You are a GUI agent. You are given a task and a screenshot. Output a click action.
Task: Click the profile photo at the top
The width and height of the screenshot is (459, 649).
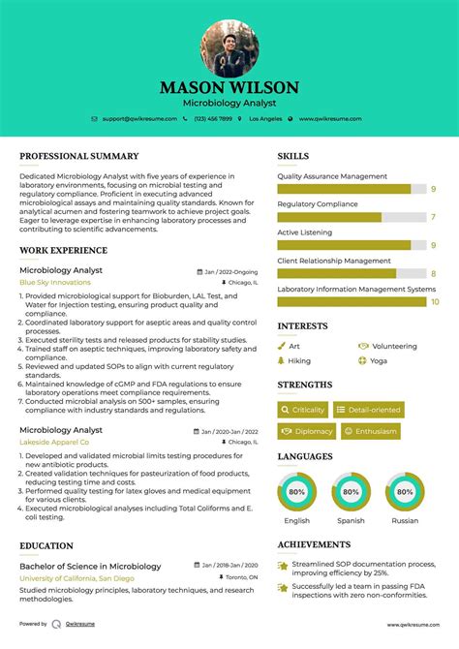(229, 48)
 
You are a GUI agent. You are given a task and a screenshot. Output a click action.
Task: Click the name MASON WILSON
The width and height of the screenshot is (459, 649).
(229, 87)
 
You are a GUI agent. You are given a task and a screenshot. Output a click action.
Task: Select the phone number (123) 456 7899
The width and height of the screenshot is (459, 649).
(212, 118)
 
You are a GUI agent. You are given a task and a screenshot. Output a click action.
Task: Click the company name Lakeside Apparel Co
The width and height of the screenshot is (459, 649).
(53, 442)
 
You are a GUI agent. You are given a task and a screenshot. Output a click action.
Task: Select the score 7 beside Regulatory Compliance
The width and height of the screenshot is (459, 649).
(433, 217)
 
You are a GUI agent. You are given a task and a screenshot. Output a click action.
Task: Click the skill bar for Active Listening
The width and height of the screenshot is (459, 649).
(351, 245)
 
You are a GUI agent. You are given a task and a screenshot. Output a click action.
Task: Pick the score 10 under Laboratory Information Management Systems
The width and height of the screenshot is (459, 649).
(435, 301)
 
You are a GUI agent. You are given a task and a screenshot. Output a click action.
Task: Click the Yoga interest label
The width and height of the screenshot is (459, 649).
(378, 360)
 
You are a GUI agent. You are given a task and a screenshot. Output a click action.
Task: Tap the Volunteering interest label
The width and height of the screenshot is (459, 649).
(393, 346)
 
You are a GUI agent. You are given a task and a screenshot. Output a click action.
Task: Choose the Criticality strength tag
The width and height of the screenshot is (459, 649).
(302, 410)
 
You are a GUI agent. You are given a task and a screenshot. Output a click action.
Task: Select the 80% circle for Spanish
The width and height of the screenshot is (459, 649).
(351, 492)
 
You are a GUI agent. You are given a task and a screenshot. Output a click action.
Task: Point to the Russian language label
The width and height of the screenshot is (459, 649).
(405, 520)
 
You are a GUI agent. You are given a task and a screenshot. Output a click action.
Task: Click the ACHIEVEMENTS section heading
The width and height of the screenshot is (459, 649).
(314, 544)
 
